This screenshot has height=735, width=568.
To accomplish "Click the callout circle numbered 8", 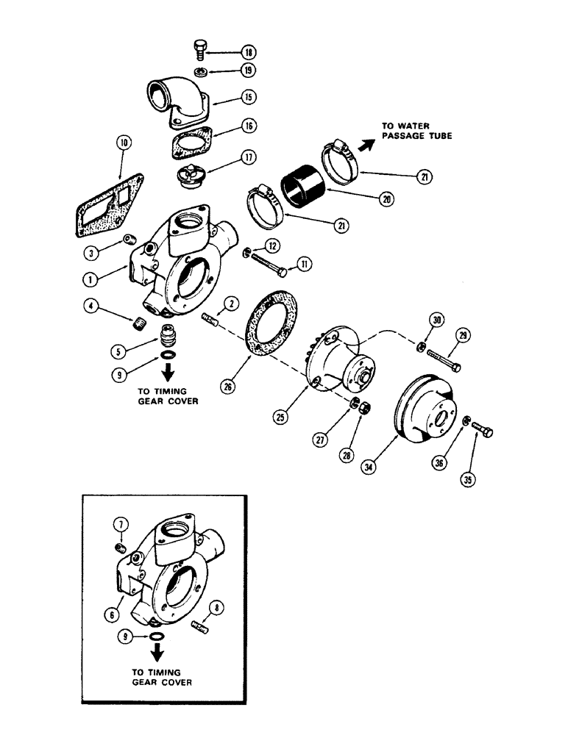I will click(216, 607).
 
